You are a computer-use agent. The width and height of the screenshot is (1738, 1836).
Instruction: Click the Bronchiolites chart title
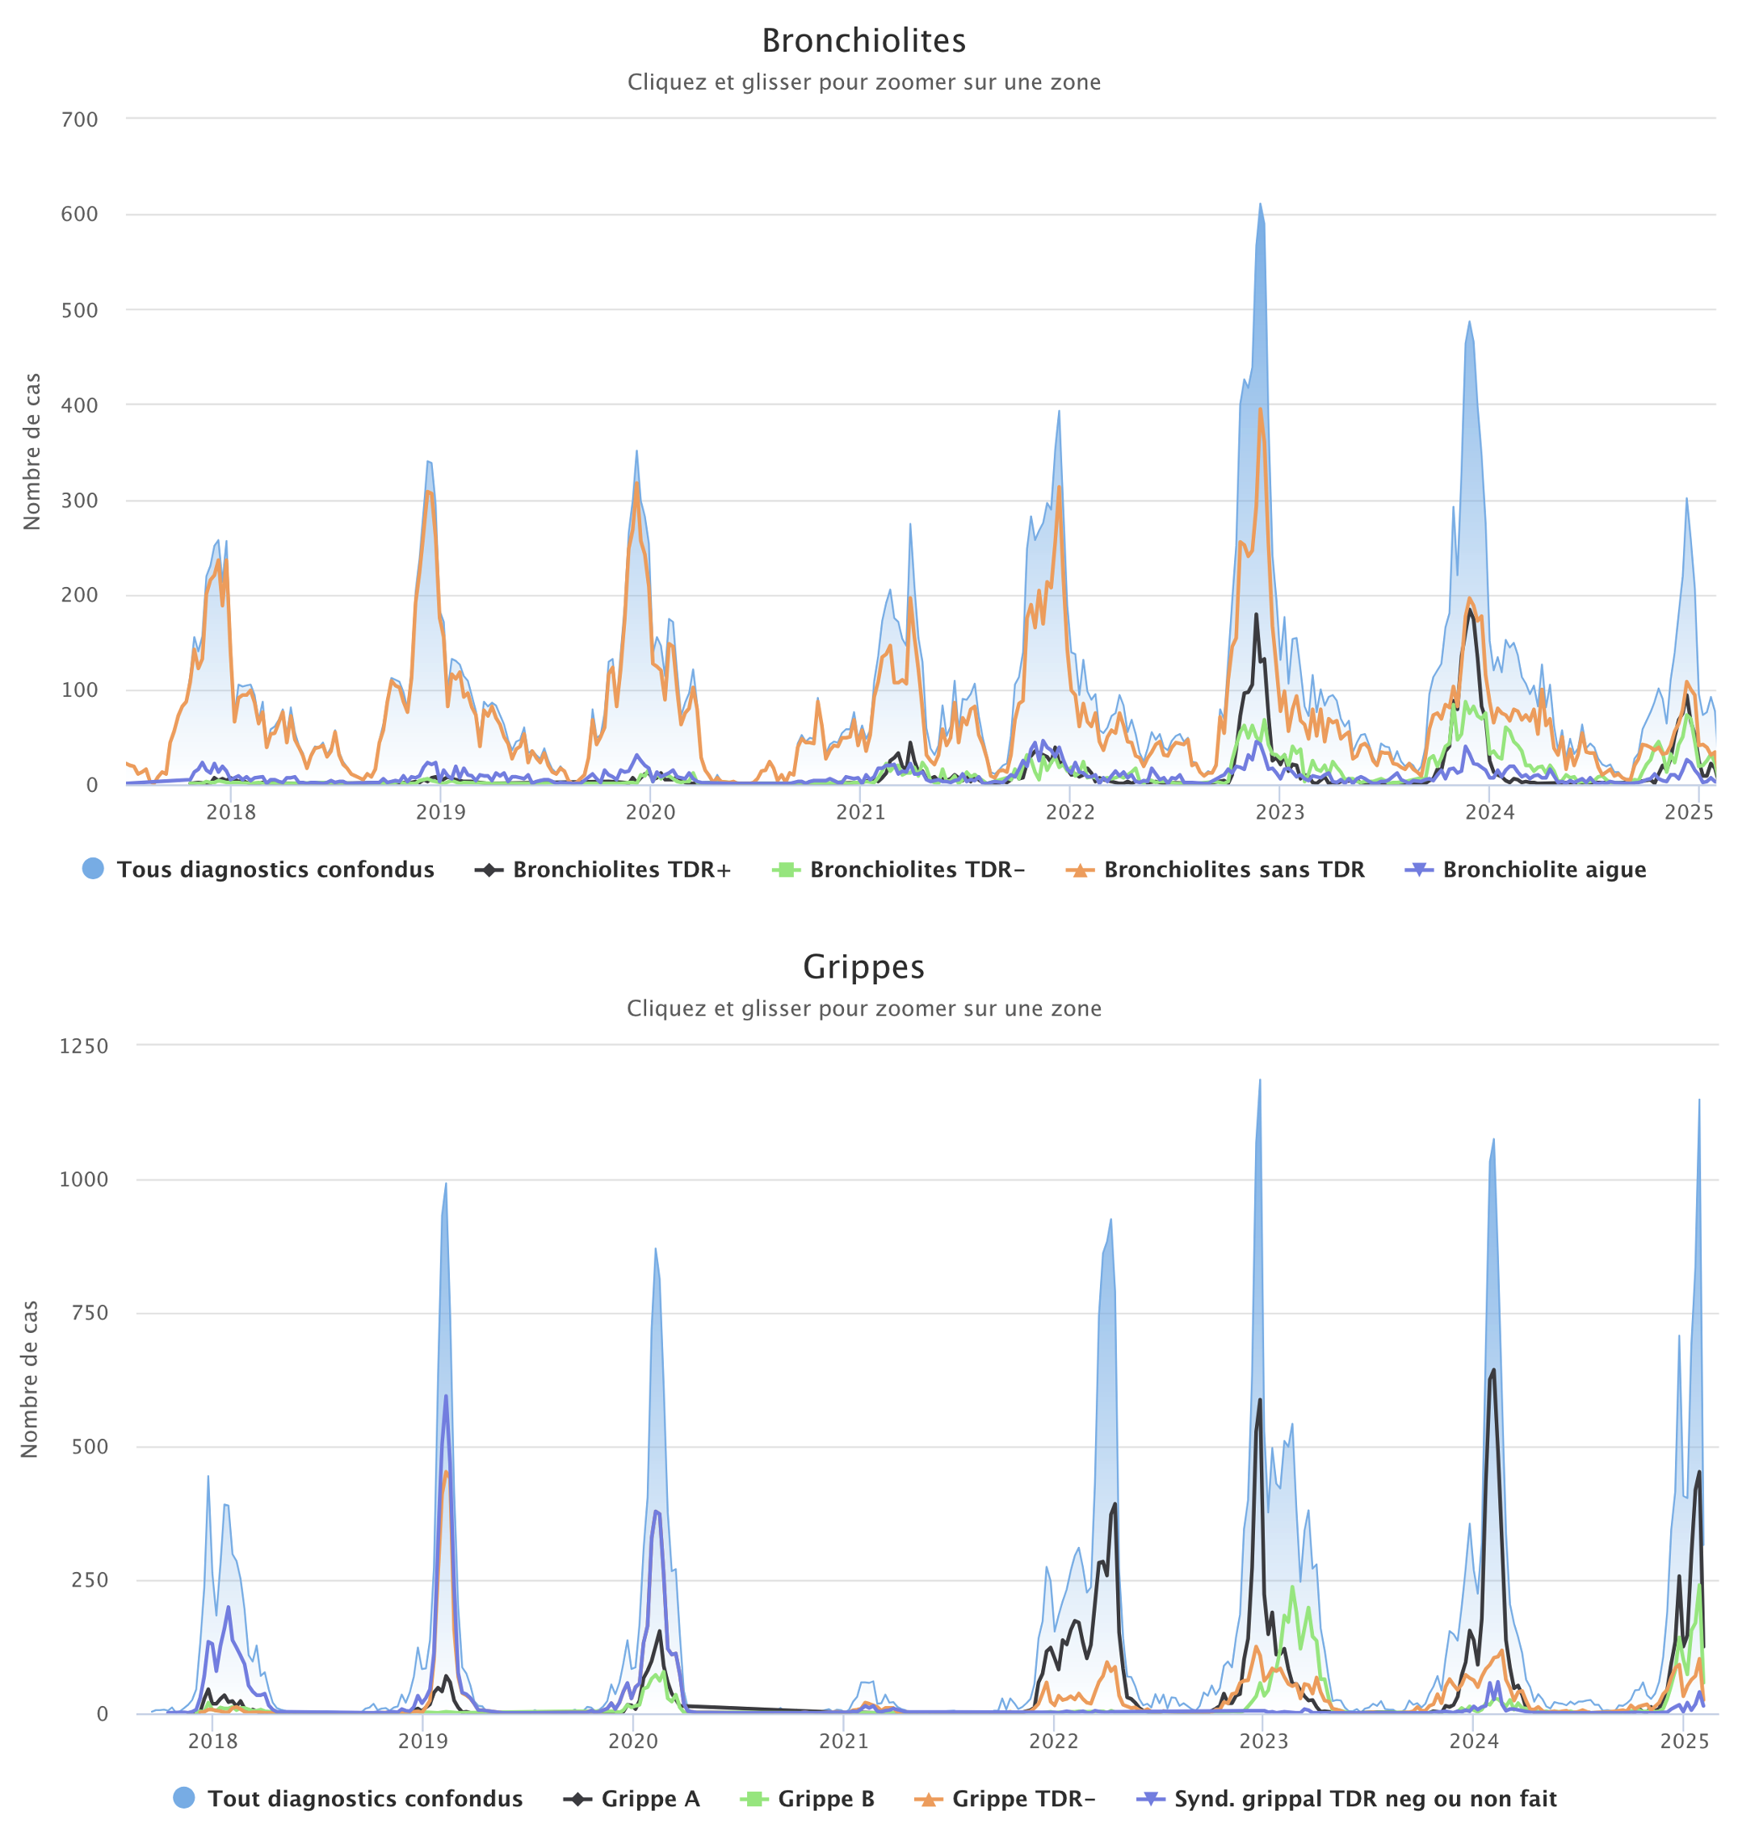[863, 40]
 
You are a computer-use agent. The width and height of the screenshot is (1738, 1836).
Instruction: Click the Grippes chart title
[863, 966]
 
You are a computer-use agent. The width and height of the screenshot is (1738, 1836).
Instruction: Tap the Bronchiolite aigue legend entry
[1543, 870]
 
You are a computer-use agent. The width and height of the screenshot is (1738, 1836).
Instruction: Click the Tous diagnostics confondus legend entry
[275, 870]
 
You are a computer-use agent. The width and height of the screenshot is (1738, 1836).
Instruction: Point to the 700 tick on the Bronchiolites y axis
[80, 119]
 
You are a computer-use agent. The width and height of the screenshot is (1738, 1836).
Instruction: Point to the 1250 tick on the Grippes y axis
[84, 1046]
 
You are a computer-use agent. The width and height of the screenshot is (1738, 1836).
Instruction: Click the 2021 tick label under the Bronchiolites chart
[860, 812]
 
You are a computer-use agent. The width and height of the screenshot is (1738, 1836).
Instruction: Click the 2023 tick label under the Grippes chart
[1264, 1741]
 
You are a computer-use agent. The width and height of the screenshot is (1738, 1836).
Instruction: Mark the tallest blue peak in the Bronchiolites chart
[1260, 205]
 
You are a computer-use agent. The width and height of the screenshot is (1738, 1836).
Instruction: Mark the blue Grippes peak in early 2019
[446, 1184]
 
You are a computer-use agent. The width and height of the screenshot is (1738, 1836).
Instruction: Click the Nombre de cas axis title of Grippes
[30, 1378]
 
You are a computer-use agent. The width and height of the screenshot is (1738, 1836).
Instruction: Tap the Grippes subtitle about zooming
[863, 1008]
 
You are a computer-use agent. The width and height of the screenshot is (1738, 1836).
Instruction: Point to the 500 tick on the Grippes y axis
[90, 1447]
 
